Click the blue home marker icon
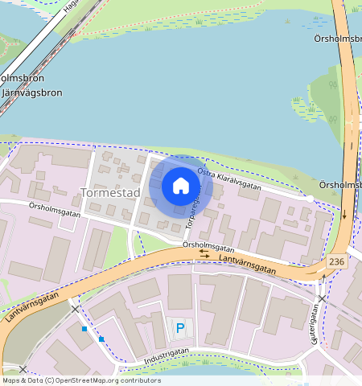(x=181, y=187)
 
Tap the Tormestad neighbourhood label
(x=110, y=193)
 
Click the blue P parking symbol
(x=179, y=327)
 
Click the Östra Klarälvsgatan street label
(x=228, y=179)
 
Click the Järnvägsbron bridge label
(x=33, y=92)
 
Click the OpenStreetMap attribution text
(x=81, y=380)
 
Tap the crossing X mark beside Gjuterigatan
(x=322, y=299)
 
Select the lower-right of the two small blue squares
(x=101, y=339)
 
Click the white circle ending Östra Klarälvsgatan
(x=310, y=198)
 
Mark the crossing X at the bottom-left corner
(x=23, y=369)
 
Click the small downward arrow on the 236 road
(x=345, y=215)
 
